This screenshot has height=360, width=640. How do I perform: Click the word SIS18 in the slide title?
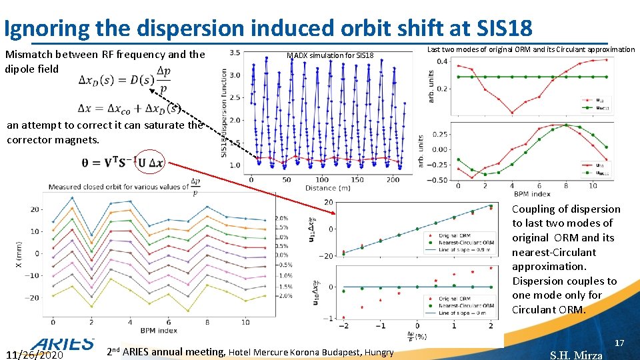click(x=501, y=27)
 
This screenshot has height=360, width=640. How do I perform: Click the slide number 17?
click(x=619, y=343)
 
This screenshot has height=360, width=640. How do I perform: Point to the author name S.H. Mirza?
click(x=576, y=355)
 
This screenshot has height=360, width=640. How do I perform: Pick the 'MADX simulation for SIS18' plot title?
click(x=330, y=55)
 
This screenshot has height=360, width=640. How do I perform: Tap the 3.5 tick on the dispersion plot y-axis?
click(x=235, y=53)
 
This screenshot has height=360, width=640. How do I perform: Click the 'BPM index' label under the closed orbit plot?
click(x=159, y=329)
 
